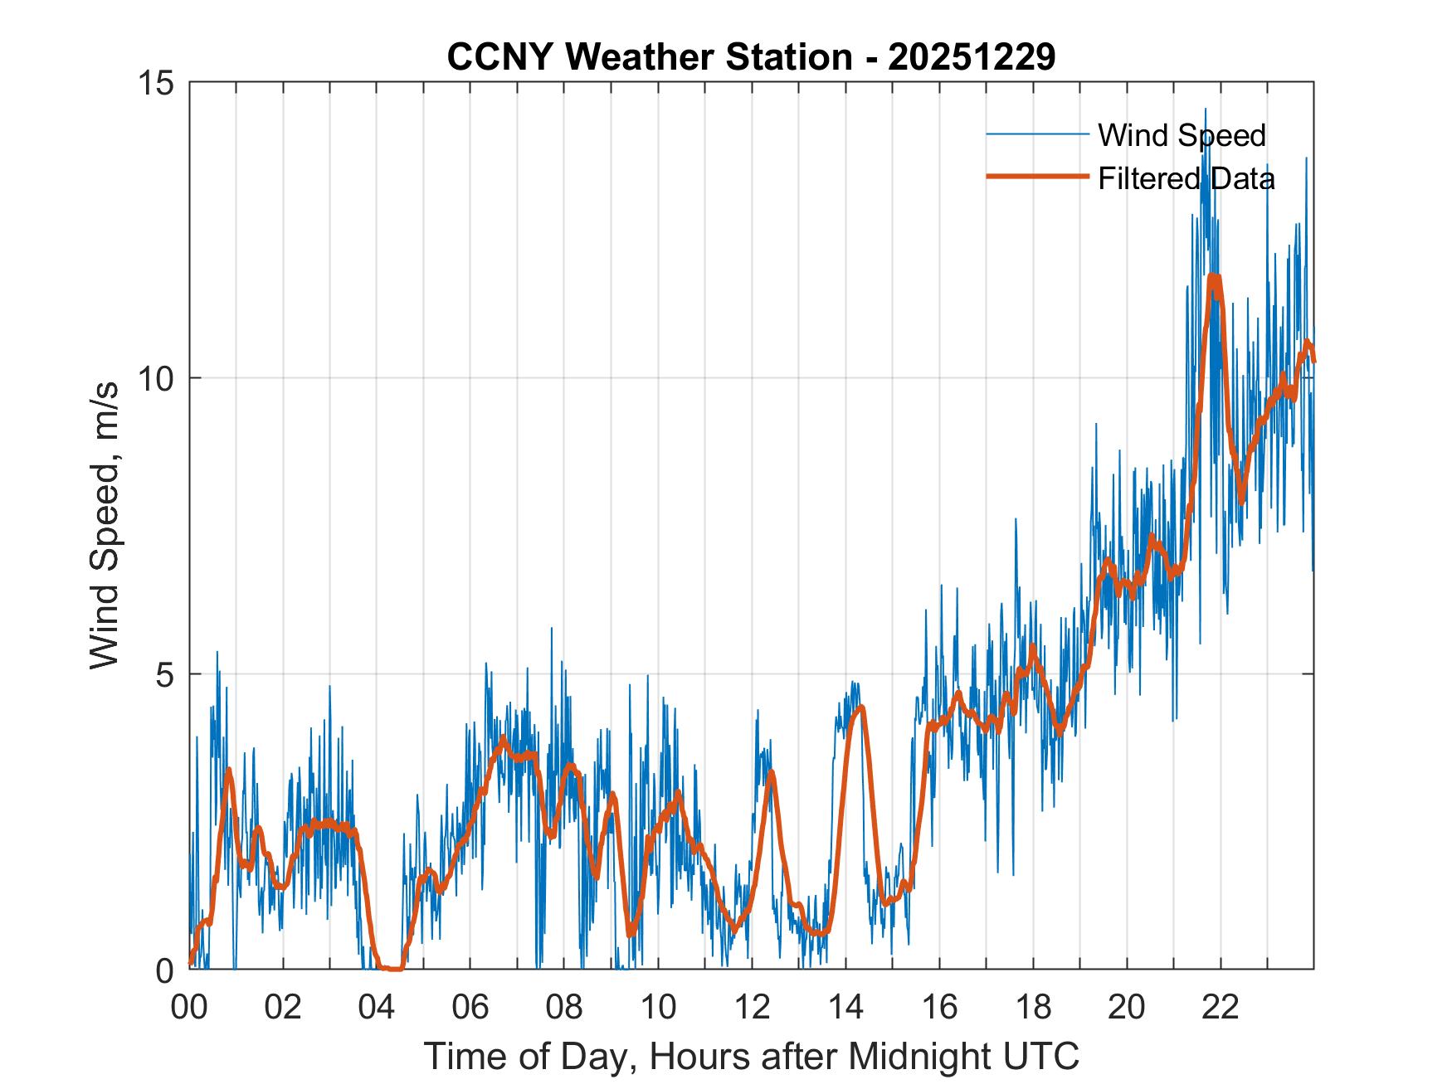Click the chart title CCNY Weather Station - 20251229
click(751, 57)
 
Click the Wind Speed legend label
click(1182, 135)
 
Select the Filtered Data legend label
click(1186, 178)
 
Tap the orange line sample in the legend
click(1037, 177)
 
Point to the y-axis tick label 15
click(155, 83)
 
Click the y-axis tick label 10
click(155, 379)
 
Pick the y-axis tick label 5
click(166, 674)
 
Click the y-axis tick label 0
click(166, 970)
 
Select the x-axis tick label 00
click(189, 1008)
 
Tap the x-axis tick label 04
click(377, 1008)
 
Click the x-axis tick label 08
click(564, 1008)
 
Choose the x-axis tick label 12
click(752, 1008)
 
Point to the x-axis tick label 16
click(939, 1008)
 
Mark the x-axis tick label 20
click(1127, 1008)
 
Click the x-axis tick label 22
click(1221, 1008)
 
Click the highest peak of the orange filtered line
click(1214, 276)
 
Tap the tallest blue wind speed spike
click(1206, 109)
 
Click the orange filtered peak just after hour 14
click(862, 707)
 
